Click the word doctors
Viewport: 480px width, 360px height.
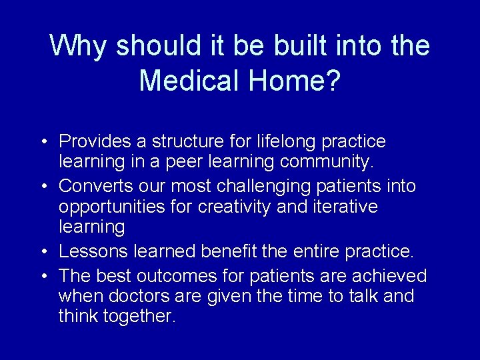141,296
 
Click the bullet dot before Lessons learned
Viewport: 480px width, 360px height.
42,252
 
